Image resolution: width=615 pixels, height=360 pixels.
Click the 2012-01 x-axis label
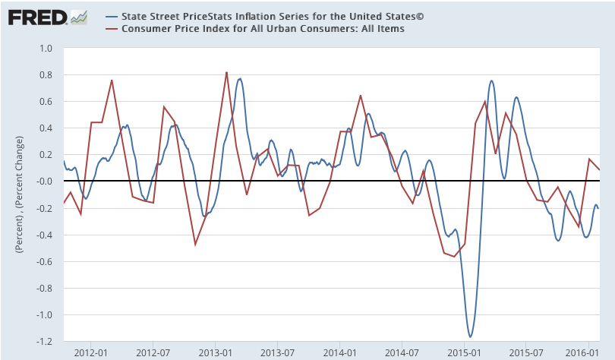[90, 352]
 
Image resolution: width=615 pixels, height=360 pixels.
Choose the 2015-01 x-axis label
[465, 352]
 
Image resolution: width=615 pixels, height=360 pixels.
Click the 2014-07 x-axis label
[402, 352]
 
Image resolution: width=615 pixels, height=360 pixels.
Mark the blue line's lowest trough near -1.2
[471, 336]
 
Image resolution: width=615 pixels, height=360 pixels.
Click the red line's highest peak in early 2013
[226, 72]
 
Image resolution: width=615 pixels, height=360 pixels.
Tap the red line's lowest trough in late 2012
[195, 245]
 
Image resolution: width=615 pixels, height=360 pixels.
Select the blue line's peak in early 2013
[240, 78]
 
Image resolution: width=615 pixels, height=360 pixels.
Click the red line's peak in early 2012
[112, 80]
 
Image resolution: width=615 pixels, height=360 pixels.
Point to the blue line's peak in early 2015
[491, 81]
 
